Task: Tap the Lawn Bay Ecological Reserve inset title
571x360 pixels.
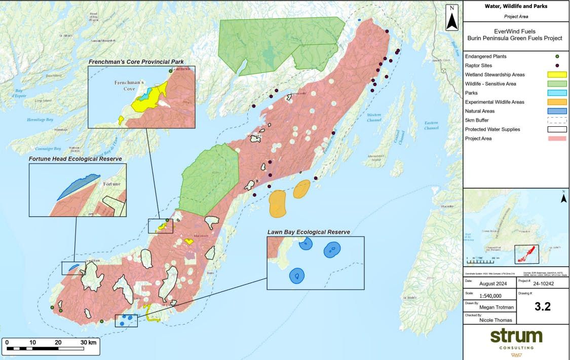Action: point(309,232)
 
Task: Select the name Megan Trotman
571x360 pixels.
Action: point(496,307)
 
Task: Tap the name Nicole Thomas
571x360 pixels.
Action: point(496,320)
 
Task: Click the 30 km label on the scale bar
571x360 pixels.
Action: point(88,342)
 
